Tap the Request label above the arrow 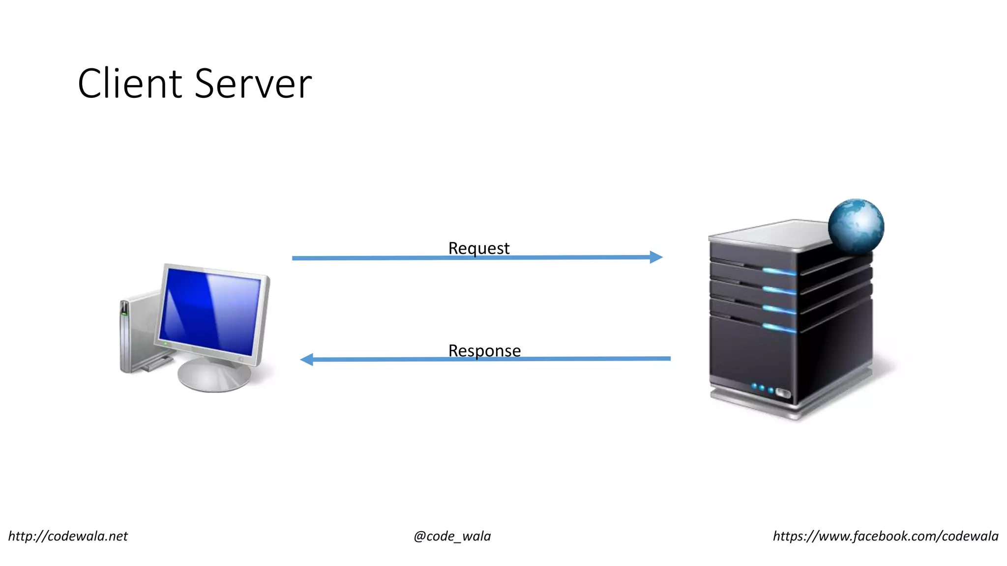pyautogui.click(x=478, y=248)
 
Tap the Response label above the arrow pyautogui.click(x=484, y=351)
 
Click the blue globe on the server pyautogui.click(x=856, y=226)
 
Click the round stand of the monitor pyautogui.click(x=214, y=376)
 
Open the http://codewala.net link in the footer pyautogui.click(x=68, y=536)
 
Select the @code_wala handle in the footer pyautogui.click(x=452, y=536)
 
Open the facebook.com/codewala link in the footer pyautogui.click(x=886, y=536)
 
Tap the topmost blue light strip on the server pyautogui.click(x=779, y=271)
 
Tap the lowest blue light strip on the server pyautogui.click(x=779, y=328)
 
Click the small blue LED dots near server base pyautogui.click(x=762, y=389)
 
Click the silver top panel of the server pyautogui.click(x=772, y=234)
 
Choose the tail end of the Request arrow pyautogui.click(x=295, y=258)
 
